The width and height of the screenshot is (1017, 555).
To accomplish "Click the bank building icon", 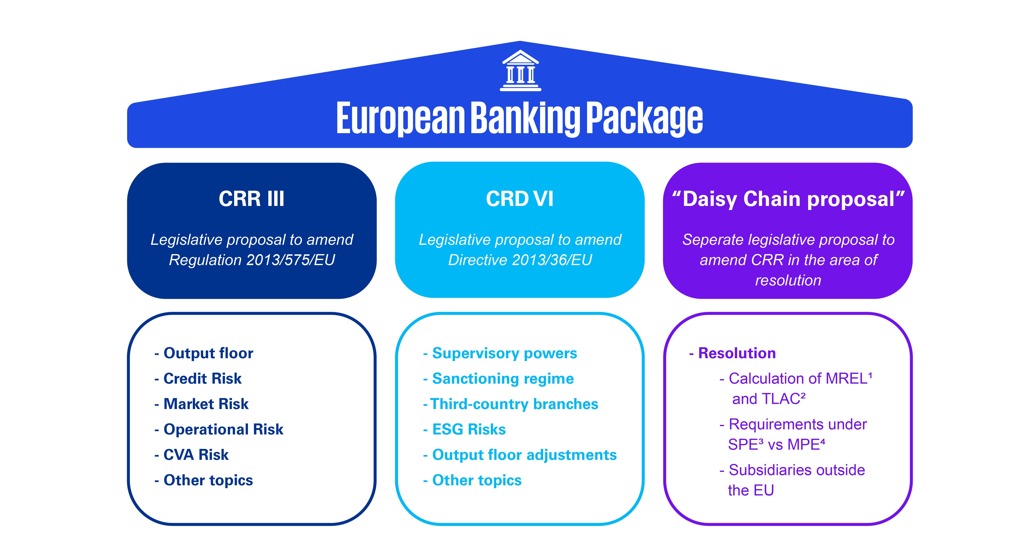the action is [520, 70].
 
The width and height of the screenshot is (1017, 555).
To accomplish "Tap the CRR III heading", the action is [251, 199].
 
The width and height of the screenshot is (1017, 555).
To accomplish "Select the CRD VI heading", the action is [519, 199].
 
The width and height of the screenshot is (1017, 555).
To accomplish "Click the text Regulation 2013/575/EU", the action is [252, 260].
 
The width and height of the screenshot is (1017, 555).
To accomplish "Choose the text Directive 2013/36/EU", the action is [520, 260].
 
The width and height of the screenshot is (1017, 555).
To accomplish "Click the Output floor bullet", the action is [204, 353].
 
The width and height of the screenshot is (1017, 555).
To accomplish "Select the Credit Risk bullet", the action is [198, 378].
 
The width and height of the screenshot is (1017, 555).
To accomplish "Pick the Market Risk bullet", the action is [201, 404].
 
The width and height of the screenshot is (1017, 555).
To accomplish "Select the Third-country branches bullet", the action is [511, 404].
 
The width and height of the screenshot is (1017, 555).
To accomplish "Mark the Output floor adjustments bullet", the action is [519, 455].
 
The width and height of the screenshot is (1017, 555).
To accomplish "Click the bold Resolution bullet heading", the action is [732, 353].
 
